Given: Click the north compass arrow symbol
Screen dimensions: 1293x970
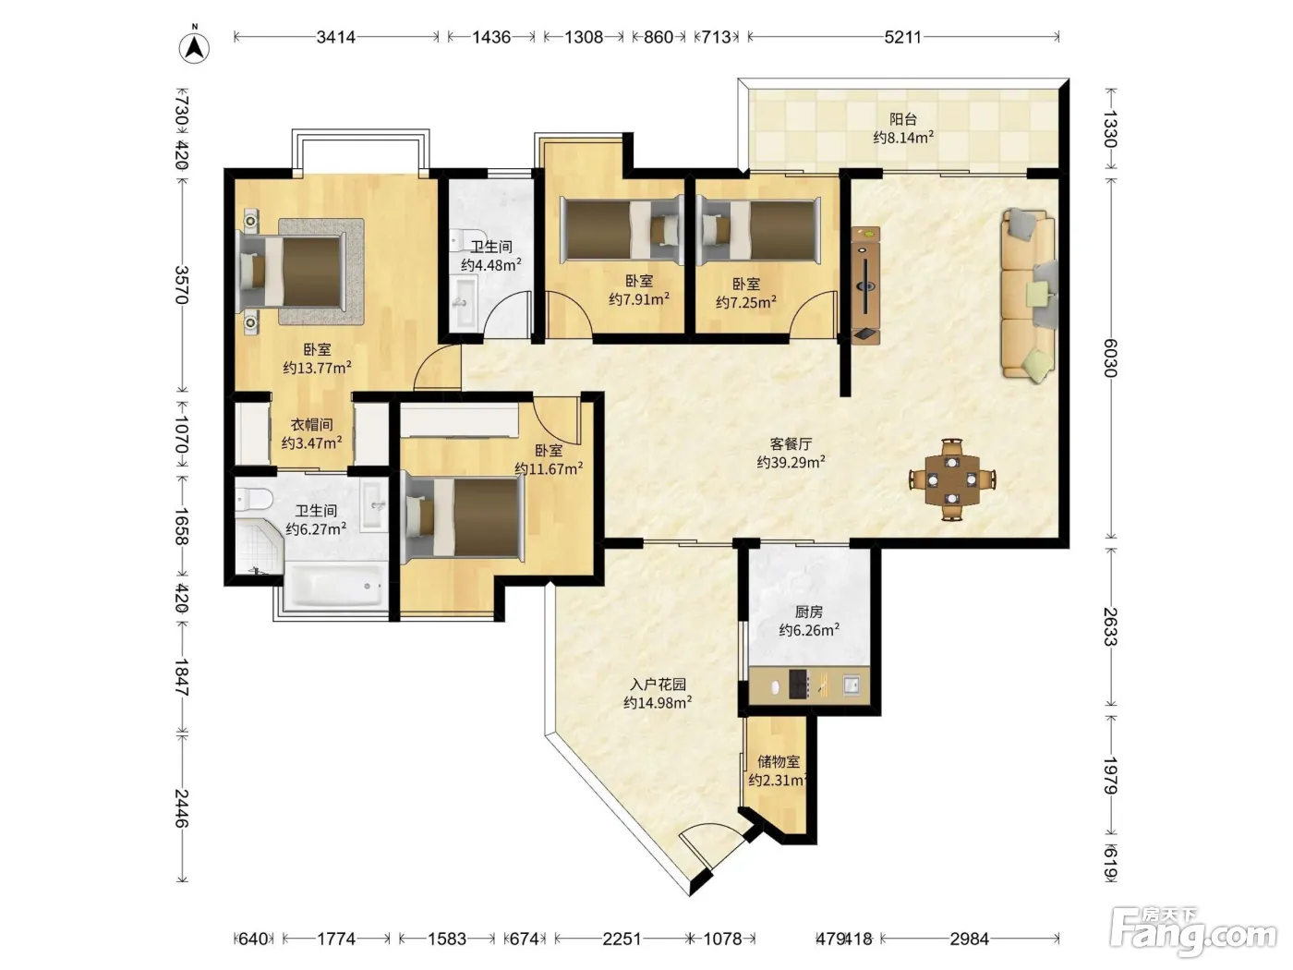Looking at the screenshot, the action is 194,47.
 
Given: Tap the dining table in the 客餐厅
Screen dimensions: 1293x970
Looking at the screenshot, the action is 952,479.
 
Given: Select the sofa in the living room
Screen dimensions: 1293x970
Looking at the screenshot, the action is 1029,294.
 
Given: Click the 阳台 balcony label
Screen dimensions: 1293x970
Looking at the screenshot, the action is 903,119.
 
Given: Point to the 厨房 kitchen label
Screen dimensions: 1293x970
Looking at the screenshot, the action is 809,612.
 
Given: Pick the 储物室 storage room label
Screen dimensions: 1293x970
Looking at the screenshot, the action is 779,761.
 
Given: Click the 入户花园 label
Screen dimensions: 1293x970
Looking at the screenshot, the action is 658,685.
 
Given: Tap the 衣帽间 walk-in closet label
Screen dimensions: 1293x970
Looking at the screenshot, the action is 311,425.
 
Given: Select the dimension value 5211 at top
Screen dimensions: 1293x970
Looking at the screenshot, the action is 903,37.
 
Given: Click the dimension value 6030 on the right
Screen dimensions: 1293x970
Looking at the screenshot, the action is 1110,358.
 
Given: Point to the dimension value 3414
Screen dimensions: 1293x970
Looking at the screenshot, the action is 336,37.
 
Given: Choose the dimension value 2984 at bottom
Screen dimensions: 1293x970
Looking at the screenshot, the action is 970,939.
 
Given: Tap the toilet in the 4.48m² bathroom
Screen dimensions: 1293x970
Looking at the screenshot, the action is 465,240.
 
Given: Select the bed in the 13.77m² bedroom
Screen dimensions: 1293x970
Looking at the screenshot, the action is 291,271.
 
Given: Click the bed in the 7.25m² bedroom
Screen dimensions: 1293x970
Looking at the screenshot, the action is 759,229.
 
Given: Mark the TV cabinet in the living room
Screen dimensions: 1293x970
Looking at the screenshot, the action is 865,285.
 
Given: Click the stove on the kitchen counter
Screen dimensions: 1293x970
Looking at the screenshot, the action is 799,685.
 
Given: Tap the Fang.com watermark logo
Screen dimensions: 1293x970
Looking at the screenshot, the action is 1193,933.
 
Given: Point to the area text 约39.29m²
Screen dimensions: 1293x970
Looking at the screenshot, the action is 791,462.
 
